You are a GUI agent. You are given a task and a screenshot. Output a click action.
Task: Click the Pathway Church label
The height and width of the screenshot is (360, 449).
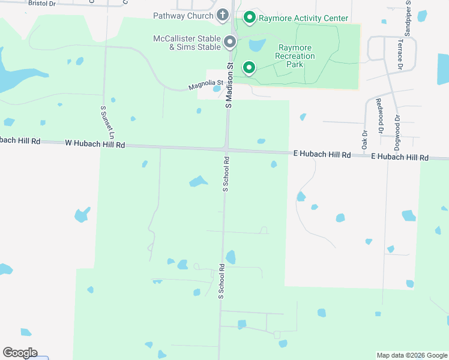tap(183, 16)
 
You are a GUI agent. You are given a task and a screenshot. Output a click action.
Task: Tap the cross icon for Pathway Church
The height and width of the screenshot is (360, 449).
tap(223, 14)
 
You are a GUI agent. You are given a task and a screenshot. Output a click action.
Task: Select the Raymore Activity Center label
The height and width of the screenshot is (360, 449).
tap(303, 18)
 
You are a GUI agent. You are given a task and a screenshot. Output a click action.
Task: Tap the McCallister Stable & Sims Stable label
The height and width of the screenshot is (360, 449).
tap(187, 43)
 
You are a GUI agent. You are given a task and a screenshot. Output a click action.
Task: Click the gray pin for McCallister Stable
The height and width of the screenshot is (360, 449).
tap(229, 42)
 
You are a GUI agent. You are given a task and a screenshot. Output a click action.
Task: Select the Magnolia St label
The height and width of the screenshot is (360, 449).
tap(205, 86)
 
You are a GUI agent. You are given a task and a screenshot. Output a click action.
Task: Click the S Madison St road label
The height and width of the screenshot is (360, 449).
tap(229, 85)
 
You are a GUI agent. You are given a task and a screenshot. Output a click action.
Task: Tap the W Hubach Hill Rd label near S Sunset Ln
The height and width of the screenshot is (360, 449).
tap(94, 145)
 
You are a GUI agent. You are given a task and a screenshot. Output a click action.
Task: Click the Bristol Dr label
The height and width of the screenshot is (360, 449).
tap(41, 3)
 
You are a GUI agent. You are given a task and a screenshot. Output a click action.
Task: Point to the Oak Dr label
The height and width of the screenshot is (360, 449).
tap(364, 140)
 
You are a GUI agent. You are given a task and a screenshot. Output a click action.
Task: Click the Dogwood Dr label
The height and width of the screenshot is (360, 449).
tap(397, 129)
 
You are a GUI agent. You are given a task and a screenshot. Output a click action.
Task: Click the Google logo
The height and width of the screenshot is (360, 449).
tap(20, 353)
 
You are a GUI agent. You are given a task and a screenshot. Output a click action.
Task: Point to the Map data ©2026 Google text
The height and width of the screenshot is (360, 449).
tap(411, 355)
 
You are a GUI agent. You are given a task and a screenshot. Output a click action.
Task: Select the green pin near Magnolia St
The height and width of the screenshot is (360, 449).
tap(249, 67)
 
